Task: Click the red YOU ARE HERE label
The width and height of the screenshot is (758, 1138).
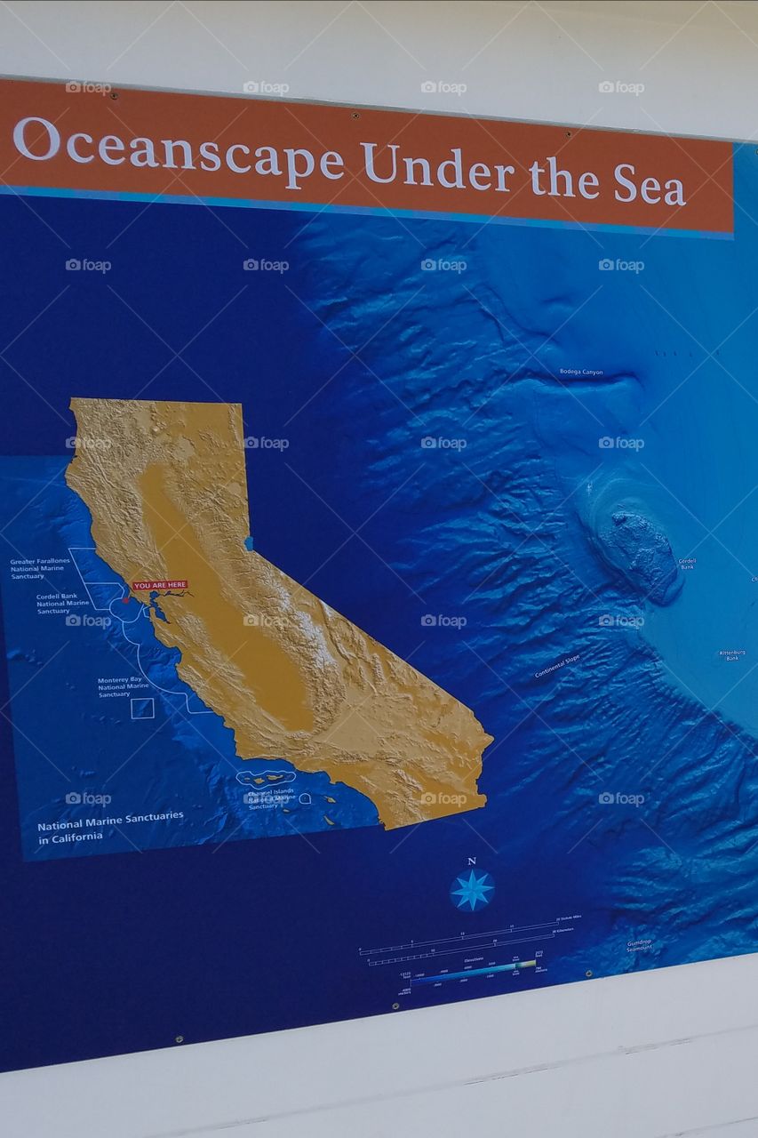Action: point(160,585)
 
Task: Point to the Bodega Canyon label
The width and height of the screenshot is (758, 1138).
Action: point(581,372)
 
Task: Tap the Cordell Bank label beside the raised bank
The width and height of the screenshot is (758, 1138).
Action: point(687,564)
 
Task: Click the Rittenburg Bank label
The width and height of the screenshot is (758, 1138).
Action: point(731,655)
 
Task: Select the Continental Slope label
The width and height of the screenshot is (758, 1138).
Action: point(557,666)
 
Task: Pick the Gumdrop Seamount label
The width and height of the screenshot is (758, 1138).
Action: point(639,945)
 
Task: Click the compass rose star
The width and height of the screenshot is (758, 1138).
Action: point(472,890)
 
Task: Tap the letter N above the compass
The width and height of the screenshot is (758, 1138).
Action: point(471,861)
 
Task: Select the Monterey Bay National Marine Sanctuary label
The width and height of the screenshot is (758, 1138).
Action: point(124,686)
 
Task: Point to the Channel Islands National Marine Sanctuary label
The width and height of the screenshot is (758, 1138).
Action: point(272,797)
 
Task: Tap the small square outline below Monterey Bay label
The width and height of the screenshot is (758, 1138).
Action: point(142,708)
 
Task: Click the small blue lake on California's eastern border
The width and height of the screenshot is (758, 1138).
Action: point(249,542)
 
